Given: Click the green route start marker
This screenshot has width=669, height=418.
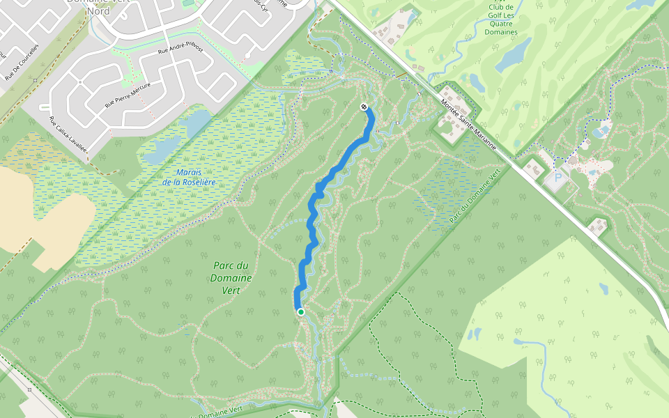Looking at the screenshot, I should (x=301, y=312).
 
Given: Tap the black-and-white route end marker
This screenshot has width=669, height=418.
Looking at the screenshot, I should (x=364, y=107).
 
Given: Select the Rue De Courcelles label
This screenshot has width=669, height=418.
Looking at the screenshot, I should (x=22, y=63).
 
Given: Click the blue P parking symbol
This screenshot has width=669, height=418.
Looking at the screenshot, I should (x=558, y=179).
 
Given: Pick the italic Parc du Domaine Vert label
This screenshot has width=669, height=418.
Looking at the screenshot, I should (x=231, y=278).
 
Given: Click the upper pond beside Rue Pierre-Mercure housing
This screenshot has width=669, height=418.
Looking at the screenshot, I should (x=194, y=123).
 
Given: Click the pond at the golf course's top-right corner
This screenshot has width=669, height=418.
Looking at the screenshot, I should (x=641, y=3).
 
